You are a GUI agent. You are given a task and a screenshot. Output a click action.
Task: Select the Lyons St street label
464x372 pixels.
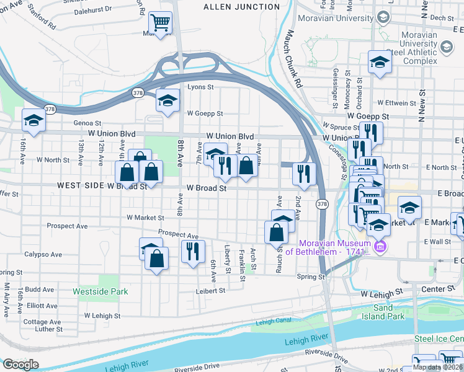point(200,87)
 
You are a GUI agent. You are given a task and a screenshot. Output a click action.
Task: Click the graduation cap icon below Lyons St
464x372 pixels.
point(167,102)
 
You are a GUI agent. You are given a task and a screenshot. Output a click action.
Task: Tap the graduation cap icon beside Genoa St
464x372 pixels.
point(34,121)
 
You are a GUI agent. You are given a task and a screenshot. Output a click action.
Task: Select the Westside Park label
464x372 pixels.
point(100,291)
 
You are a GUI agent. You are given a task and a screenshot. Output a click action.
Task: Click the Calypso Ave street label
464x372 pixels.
point(43,254)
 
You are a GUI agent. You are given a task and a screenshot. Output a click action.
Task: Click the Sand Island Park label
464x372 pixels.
point(383,312)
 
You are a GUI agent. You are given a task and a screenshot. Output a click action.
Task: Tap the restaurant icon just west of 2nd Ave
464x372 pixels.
point(304,174)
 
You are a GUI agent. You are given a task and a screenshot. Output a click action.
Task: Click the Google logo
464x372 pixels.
point(20,365)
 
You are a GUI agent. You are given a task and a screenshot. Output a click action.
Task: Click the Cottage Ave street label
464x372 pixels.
point(43,322)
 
